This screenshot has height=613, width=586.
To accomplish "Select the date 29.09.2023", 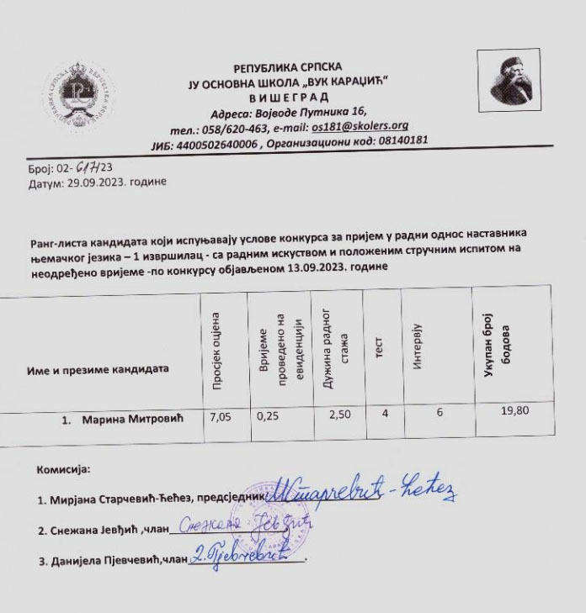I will [97, 182].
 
